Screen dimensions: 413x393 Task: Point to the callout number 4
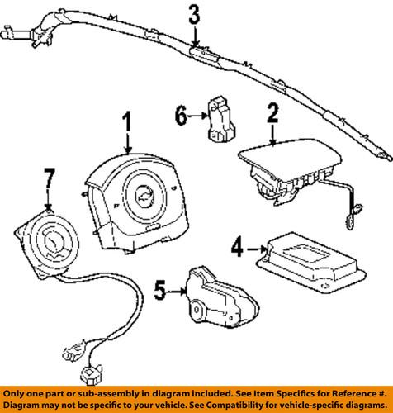click(x=237, y=245)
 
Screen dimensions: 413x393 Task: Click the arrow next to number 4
click(x=256, y=245)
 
